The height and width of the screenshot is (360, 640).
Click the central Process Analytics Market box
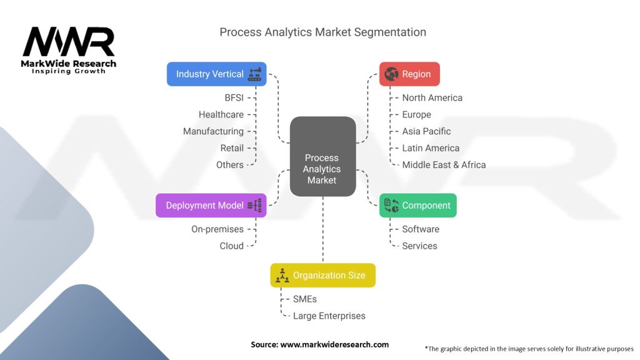(x=322, y=157)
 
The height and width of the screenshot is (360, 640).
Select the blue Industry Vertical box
(x=216, y=74)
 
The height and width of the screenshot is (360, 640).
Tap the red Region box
(x=409, y=74)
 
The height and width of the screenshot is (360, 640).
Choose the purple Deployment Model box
(x=211, y=206)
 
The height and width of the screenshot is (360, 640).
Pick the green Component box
(x=417, y=206)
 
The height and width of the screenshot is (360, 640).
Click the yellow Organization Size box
(x=322, y=275)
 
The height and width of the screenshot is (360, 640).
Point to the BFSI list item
(x=234, y=97)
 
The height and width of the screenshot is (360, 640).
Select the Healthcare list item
(x=221, y=114)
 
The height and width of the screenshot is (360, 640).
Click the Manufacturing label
(x=213, y=131)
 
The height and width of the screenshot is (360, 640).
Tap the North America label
(x=432, y=97)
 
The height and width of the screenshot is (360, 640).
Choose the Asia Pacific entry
(x=426, y=131)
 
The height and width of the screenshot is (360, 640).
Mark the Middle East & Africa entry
(x=444, y=165)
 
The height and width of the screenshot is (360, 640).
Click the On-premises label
(x=217, y=229)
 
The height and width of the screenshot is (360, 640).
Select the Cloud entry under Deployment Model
(x=231, y=246)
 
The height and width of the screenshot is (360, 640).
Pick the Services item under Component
(x=419, y=246)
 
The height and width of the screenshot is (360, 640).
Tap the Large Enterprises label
(x=329, y=316)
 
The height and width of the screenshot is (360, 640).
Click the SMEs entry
(x=305, y=299)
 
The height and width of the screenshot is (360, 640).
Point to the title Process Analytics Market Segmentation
(x=322, y=32)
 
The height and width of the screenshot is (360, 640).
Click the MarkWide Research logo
(x=69, y=50)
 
